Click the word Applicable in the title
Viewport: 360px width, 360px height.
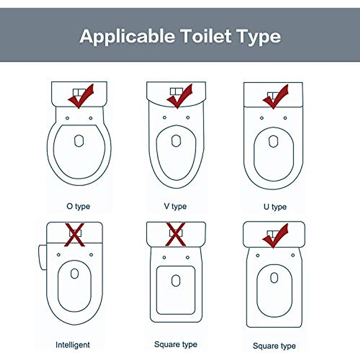pyautogui.click(x=127, y=37)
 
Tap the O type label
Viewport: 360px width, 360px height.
pyautogui.click(x=78, y=206)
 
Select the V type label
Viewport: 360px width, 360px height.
pyautogui.click(x=175, y=206)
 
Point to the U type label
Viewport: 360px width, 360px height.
pyautogui.click(x=275, y=207)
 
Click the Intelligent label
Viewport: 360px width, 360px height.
pyautogui.click(x=73, y=345)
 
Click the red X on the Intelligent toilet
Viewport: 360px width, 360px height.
pyautogui.click(x=75, y=234)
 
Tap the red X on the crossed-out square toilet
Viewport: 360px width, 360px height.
pyautogui.click(x=176, y=234)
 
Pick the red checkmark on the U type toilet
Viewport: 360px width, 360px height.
pyautogui.click(x=276, y=96)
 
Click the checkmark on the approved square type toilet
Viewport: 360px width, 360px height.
pyautogui.click(x=275, y=235)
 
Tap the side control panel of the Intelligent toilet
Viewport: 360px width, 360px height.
pyautogui.click(x=43, y=257)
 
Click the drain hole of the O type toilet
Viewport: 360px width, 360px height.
pyautogui.click(x=79, y=141)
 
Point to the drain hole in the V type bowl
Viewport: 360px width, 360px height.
pyautogui.click(x=176, y=141)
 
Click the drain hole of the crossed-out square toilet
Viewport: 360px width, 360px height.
pyautogui.click(x=176, y=281)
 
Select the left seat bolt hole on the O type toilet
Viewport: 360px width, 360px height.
pyautogui.click(x=67, y=118)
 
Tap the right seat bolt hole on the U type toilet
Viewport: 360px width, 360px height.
pyautogui.click(x=285, y=118)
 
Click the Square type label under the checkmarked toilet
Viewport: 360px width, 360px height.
pyautogui.click(x=274, y=346)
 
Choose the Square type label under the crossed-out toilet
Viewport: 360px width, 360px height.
pyautogui.click(x=176, y=344)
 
